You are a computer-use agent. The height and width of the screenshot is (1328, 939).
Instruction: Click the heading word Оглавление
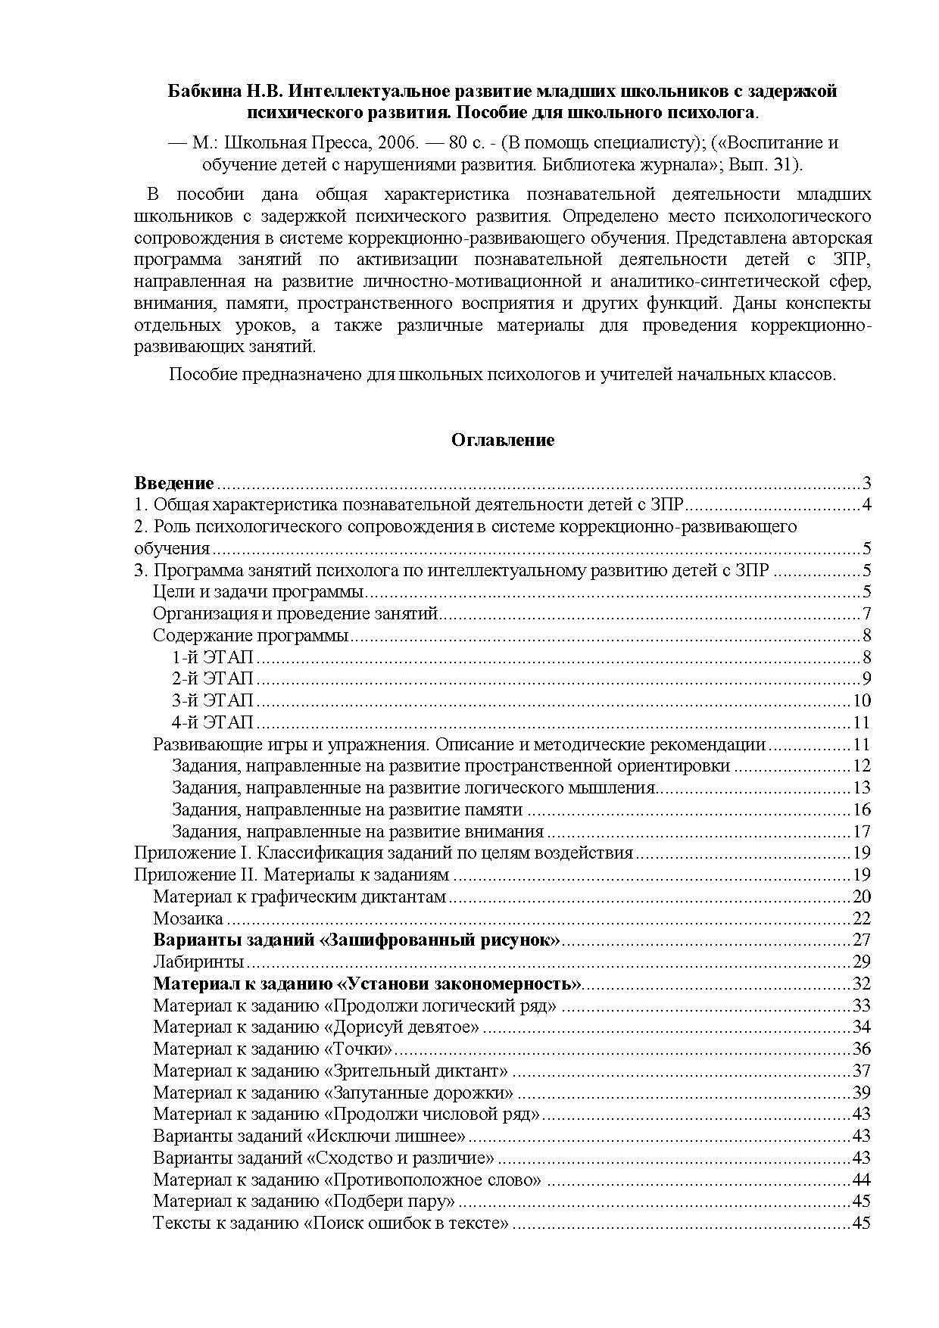click(x=503, y=440)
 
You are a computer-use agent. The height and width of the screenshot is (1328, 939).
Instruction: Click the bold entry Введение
click(x=174, y=483)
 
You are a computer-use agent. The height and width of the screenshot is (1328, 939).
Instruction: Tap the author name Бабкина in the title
click(x=199, y=92)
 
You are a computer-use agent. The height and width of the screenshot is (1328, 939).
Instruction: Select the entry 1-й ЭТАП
click(x=213, y=656)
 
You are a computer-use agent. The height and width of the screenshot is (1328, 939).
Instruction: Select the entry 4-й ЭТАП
click(x=213, y=722)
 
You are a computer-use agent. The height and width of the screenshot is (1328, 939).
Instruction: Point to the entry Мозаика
click(x=188, y=918)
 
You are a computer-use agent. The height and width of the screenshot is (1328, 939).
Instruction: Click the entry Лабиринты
click(x=198, y=962)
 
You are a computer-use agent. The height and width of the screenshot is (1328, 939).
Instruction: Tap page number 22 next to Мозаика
click(x=861, y=919)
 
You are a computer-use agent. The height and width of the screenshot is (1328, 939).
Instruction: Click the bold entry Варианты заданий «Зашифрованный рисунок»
click(x=357, y=940)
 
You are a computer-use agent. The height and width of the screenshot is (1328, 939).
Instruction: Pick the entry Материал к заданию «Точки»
click(x=273, y=1049)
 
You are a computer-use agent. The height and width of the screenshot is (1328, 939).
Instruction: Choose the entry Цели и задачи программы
click(x=259, y=592)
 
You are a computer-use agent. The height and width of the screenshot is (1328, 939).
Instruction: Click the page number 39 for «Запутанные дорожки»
click(x=861, y=1093)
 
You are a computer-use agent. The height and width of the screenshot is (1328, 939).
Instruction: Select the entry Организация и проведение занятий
click(x=295, y=613)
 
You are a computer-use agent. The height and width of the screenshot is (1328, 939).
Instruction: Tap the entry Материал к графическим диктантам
click(x=300, y=897)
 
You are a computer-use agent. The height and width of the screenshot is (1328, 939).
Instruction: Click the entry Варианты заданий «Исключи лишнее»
click(x=309, y=1136)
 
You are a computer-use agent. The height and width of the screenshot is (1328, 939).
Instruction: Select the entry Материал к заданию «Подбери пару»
click(x=304, y=1201)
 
